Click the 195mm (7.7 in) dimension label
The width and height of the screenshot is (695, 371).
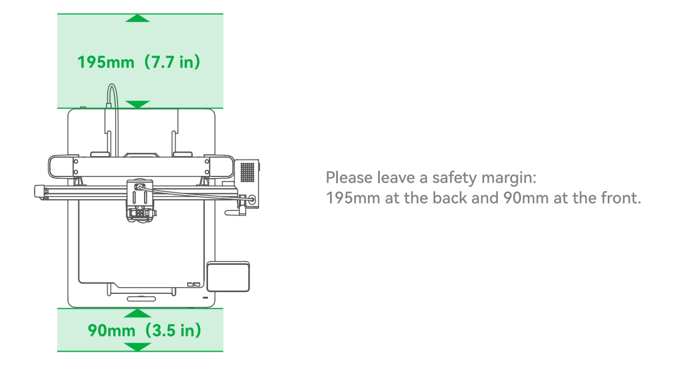[x=139, y=62]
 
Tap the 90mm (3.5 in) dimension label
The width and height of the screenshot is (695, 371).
[x=145, y=330]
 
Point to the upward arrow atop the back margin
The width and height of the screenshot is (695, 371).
[x=137, y=18]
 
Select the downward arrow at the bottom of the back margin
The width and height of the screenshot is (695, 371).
[x=137, y=104]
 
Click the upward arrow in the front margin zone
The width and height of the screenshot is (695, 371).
[x=137, y=313]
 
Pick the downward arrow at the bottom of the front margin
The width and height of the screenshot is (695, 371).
[x=137, y=347]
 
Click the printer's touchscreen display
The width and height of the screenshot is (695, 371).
[x=228, y=277]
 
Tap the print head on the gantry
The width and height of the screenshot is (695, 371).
[x=140, y=200]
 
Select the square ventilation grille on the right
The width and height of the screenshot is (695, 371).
[x=247, y=172]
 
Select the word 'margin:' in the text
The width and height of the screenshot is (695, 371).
[x=509, y=178]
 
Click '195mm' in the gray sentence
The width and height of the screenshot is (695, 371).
[x=353, y=198]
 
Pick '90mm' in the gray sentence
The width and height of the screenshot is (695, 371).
[x=526, y=198]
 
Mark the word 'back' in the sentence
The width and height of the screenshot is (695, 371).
[x=450, y=198]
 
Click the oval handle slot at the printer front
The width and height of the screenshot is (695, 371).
[x=142, y=298]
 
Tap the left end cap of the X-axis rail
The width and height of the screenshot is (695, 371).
[x=40, y=192]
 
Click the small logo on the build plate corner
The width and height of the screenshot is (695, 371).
[x=194, y=284]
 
